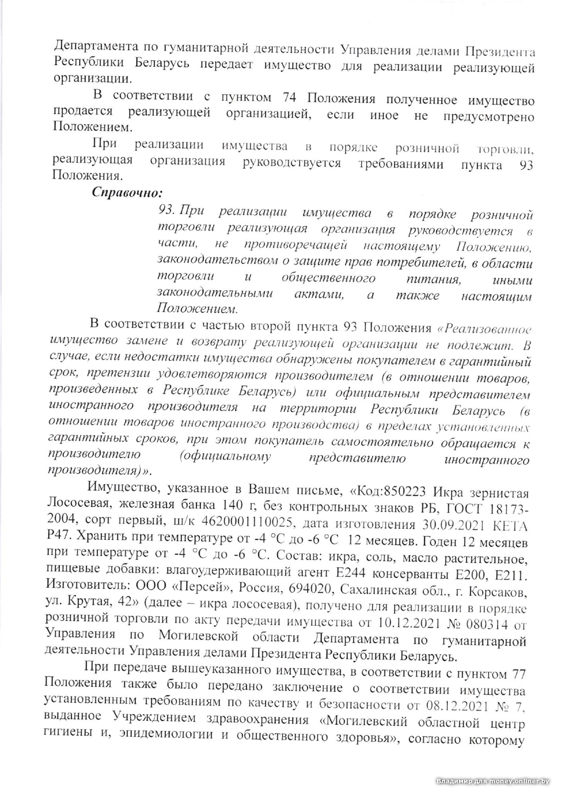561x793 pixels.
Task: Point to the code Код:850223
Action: click(x=390, y=492)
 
